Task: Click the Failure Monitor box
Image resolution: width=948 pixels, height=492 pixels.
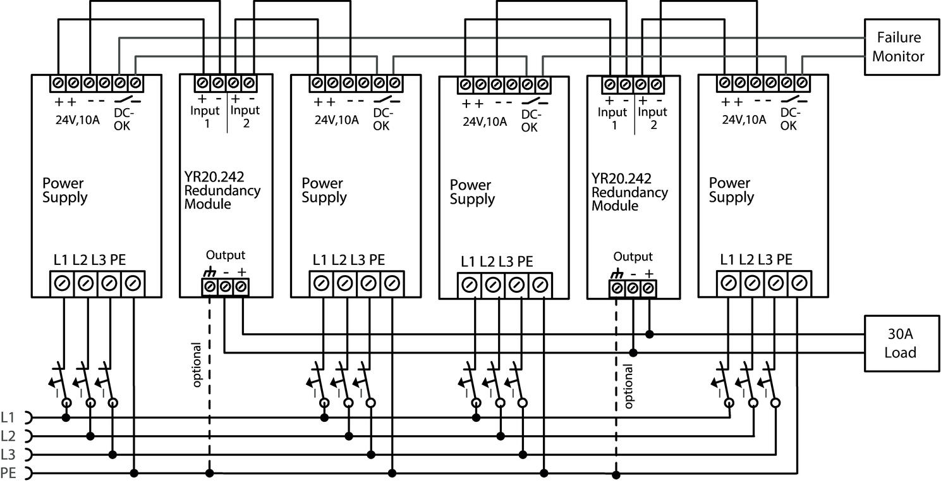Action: (x=898, y=47)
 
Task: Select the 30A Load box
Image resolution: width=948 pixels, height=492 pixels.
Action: (x=900, y=343)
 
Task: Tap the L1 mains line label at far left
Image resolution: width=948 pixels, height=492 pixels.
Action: (x=8, y=417)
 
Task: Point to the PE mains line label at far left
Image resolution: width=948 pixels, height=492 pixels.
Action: (x=8, y=472)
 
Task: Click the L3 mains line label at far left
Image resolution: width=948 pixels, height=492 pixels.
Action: (x=8, y=454)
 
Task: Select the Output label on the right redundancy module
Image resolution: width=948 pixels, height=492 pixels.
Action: (x=633, y=257)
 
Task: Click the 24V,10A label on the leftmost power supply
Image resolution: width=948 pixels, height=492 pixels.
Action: (x=77, y=119)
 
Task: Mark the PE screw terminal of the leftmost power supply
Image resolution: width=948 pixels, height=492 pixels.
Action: (x=133, y=284)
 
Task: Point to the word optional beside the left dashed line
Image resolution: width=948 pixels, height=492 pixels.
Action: (x=197, y=365)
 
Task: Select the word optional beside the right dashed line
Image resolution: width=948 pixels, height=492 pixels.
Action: (x=628, y=386)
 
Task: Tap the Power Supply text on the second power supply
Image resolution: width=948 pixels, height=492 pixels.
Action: (x=324, y=190)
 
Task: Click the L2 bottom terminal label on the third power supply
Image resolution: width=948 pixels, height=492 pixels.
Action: (x=487, y=262)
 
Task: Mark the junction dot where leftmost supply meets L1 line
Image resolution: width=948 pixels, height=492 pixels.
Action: (x=66, y=417)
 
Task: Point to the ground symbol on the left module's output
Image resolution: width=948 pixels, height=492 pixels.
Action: (x=209, y=273)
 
